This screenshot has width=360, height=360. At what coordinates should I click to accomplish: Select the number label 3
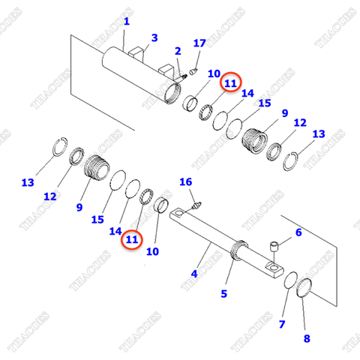154,37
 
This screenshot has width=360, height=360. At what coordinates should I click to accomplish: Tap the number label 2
178,51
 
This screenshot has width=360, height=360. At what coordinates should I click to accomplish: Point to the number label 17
199,43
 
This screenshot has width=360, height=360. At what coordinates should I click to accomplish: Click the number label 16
186,182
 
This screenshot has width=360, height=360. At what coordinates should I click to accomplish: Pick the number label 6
298,232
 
